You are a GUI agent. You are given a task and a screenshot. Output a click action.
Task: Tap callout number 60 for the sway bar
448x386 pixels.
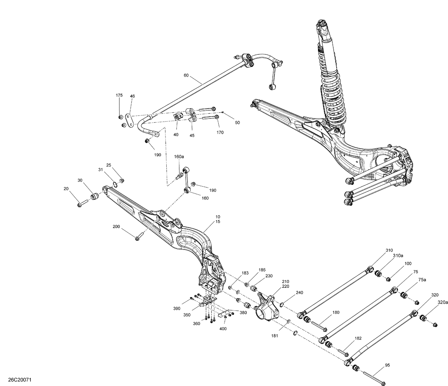click(186, 76)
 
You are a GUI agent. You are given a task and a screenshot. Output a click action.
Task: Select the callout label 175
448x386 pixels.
click(119, 95)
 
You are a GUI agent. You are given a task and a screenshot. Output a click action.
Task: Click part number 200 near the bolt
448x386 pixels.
click(116, 227)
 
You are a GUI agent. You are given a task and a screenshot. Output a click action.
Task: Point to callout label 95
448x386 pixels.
click(387, 365)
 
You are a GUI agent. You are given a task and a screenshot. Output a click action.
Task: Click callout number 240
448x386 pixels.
click(299, 293)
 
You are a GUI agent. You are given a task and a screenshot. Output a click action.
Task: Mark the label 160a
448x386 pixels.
click(179, 156)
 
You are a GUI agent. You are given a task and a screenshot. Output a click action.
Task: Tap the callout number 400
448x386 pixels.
click(223, 329)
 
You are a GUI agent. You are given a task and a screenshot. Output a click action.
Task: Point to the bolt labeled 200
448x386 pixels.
click(138, 237)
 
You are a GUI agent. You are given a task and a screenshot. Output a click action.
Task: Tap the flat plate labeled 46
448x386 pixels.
click(129, 120)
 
